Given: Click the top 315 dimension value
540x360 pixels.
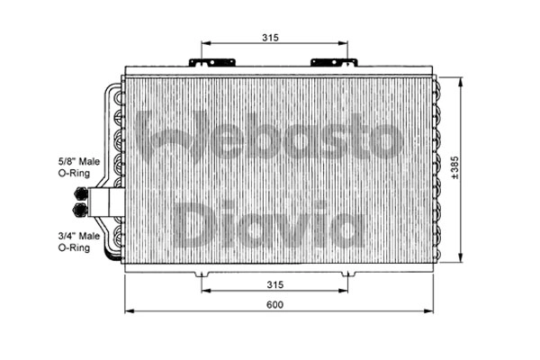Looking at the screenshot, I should pos(271,37).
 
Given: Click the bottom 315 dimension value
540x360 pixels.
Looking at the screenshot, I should pos(274,284).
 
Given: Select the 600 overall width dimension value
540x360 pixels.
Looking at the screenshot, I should pos(274,305).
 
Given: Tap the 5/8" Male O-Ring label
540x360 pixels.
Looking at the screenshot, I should pos(78,166).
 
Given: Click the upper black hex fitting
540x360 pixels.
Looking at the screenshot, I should pos(83,193).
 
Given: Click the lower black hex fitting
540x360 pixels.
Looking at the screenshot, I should pos(83,211).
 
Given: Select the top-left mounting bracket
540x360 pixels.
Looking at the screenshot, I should pos(211,63).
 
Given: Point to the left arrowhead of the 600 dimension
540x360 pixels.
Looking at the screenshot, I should pos(127,312).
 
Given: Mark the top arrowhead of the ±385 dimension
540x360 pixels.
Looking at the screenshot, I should pos(461,79).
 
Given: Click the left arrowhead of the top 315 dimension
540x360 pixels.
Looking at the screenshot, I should pos(204,43).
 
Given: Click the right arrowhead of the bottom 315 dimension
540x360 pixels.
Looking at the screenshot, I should pos(346,292).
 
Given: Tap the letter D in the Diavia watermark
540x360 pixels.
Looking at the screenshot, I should pos(192,225).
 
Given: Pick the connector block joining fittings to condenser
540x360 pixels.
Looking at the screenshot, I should pos(106,202).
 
